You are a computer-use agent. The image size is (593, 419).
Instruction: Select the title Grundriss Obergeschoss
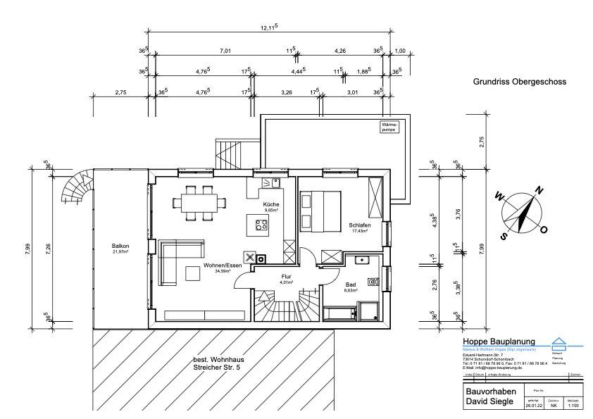point(520,82)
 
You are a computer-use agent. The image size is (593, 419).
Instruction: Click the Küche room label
point(271,204)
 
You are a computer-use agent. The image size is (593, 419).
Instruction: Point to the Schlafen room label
point(359,226)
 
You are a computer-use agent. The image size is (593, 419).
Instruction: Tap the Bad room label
point(350,284)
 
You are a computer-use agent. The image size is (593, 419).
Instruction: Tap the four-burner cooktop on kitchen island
point(261,226)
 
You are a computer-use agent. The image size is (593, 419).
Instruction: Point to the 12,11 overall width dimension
point(268,27)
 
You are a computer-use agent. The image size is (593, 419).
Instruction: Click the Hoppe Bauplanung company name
point(499,342)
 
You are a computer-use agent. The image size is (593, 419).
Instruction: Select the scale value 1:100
point(574,406)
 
